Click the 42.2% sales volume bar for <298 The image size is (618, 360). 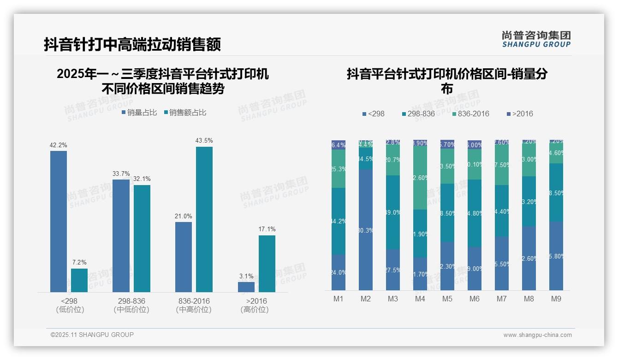point(59,222)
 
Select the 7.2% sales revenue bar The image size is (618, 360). point(79,280)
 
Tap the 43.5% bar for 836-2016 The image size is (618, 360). point(204,219)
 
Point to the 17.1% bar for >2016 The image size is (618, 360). point(267,264)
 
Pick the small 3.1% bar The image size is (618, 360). point(246,287)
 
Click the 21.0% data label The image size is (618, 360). point(184,216)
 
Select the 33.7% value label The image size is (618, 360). point(121,174)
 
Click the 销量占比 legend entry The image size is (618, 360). point(139,113)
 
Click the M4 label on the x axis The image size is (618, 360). point(420,299)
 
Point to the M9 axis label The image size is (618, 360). point(556,299)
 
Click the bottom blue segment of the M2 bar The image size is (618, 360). point(366,229)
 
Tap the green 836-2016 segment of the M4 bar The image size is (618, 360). point(420,177)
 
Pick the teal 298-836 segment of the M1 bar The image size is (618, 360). point(339,221)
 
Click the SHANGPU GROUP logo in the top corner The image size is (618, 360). point(536,39)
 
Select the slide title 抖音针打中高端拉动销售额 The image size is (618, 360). point(132,44)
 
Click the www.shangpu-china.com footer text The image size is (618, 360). point(537,335)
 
